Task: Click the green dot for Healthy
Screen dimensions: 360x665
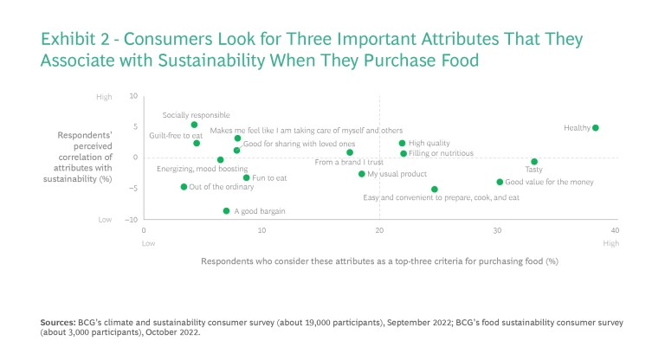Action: (x=596, y=128)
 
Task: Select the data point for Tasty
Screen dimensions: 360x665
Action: (x=534, y=162)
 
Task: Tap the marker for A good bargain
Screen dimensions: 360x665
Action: (x=226, y=210)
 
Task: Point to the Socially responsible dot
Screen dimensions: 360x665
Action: (x=194, y=125)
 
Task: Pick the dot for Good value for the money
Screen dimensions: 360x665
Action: (x=500, y=182)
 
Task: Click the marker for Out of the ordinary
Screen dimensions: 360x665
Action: (x=184, y=187)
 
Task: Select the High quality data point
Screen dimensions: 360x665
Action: (x=403, y=143)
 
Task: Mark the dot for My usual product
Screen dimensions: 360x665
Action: (x=362, y=174)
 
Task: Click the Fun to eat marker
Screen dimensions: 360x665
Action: (x=247, y=177)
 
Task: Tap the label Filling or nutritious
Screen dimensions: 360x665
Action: (x=441, y=153)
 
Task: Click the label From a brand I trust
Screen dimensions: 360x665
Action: (x=348, y=162)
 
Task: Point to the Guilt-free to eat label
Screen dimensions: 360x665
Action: (x=176, y=136)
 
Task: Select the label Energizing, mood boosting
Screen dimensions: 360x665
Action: (x=202, y=169)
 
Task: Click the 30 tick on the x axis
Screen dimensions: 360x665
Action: (x=497, y=229)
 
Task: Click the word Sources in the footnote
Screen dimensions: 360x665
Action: (x=57, y=321)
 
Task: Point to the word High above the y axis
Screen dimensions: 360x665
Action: (x=104, y=96)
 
